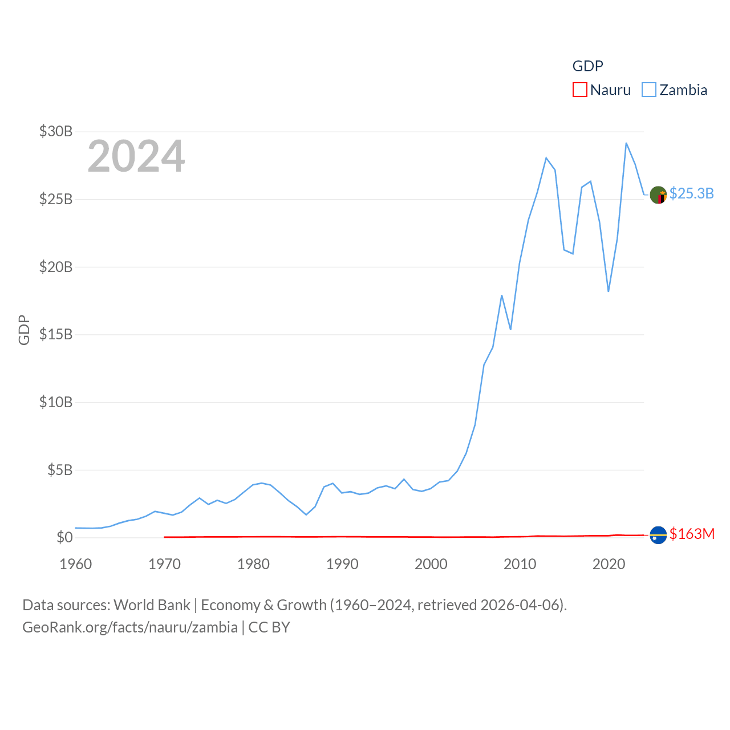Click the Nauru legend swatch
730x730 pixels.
point(580,90)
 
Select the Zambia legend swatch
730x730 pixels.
point(649,90)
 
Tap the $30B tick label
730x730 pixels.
point(56,131)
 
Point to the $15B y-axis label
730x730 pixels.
point(56,334)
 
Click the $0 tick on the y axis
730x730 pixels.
point(64,537)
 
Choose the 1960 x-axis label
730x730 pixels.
point(76,564)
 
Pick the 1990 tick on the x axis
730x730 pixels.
point(342,564)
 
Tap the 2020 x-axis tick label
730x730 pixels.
point(609,564)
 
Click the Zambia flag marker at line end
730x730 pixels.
point(658,195)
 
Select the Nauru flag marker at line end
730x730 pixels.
point(658,535)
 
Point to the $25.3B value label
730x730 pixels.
point(691,193)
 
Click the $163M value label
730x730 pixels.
point(692,534)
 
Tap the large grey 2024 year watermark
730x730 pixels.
point(136,156)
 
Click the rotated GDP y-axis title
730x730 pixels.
point(24,330)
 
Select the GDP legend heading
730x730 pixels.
point(587,66)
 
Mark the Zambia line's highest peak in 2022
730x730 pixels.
point(626,143)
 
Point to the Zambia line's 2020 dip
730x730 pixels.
point(609,291)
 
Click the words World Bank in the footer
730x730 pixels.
point(152,605)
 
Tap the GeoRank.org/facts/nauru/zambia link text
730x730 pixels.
point(130,627)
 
